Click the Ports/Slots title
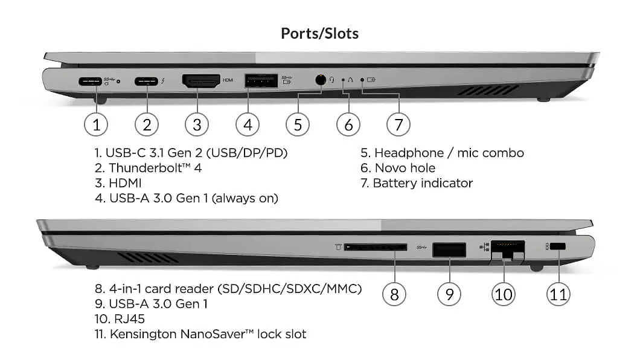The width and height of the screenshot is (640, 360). pyautogui.click(x=319, y=34)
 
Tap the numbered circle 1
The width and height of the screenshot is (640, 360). pyautogui.click(x=96, y=125)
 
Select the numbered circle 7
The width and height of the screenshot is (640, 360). pyautogui.click(x=398, y=125)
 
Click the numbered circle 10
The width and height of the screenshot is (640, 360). pyautogui.click(x=504, y=294)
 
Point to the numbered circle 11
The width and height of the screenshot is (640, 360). pyautogui.click(x=558, y=294)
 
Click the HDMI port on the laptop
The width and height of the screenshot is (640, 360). pyautogui.click(x=201, y=81)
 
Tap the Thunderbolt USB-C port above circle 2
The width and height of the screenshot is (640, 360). pyautogui.click(x=146, y=80)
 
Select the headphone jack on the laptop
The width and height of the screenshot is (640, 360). pyautogui.click(x=321, y=80)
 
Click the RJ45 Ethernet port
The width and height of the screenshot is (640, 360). pyautogui.click(x=507, y=249)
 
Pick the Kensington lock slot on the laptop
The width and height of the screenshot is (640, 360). pyautogui.click(x=558, y=246)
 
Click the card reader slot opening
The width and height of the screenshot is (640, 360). pyautogui.click(x=375, y=247)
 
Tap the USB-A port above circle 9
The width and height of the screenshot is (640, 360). pyautogui.click(x=449, y=249)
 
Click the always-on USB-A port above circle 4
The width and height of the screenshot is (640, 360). pyautogui.click(x=261, y=80)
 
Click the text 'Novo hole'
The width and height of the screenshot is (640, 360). pyautogui.click(x=405, y=168)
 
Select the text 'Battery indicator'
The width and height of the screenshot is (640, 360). pyautogui.click(x=423, y=183)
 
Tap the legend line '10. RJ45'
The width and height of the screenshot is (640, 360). pyautogui.click(x=120, y=319)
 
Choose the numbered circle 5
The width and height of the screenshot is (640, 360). pyautogui.click(x=298, y=125)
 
